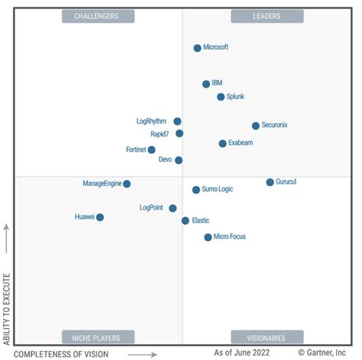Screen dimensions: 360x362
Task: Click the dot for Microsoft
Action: pos(197,48)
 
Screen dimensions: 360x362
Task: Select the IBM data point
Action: pos(206,84)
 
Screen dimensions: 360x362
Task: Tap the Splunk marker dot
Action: pos(221,97)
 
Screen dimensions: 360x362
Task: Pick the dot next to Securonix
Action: pos(256,126)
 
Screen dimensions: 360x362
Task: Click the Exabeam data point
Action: pos(222,143)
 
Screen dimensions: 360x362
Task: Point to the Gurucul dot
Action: pos(270,182)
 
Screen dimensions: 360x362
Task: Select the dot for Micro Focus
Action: pos(208,237)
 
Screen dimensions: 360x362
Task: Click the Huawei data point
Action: pos(100,217)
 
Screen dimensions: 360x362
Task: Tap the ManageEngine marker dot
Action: pos(127,184)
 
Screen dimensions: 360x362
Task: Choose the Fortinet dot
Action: pos(151,150)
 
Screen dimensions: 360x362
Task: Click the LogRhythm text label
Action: pos(152,121)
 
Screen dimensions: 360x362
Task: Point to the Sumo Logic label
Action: pos(218,189)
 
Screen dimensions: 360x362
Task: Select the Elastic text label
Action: pos(201,220)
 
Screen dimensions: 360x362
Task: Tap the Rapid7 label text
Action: pos(161,134)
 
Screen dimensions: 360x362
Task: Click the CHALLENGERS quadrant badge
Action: pos(98,16)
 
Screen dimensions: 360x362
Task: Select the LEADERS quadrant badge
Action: pos(267,16)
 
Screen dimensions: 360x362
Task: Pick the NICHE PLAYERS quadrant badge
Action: pos(98,337)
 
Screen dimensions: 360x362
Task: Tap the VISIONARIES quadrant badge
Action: pos(267,337)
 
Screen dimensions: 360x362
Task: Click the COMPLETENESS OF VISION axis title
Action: pos(61,353)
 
